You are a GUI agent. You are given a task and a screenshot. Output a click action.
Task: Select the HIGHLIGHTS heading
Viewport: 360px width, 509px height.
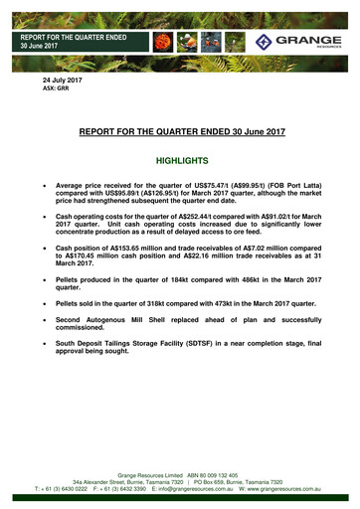180,159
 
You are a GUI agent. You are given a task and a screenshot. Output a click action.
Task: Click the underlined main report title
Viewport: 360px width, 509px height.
180,130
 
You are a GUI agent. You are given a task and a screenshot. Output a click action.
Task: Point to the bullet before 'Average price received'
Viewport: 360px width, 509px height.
43,186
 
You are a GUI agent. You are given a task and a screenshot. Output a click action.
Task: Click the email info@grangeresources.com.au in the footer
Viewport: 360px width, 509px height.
198,490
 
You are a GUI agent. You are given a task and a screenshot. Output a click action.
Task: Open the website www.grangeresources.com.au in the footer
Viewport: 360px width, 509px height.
287,490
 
